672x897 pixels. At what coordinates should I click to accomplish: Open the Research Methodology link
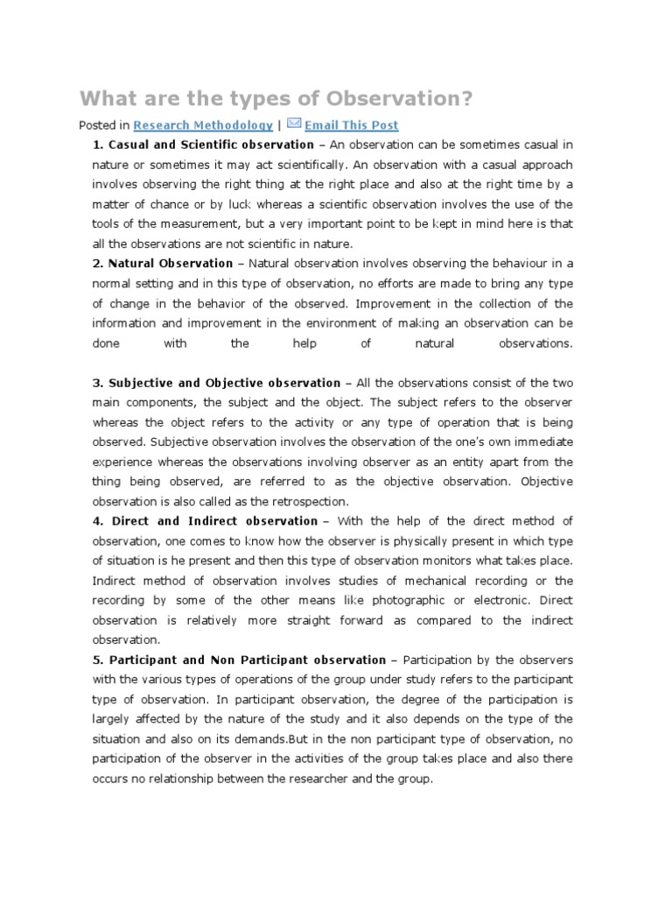coord(203,125)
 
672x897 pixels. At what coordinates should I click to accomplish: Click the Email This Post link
coord(351,125)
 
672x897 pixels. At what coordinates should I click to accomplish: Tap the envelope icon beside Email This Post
coord(293,124)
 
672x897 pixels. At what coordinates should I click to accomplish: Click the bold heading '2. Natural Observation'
coord(163,264)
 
